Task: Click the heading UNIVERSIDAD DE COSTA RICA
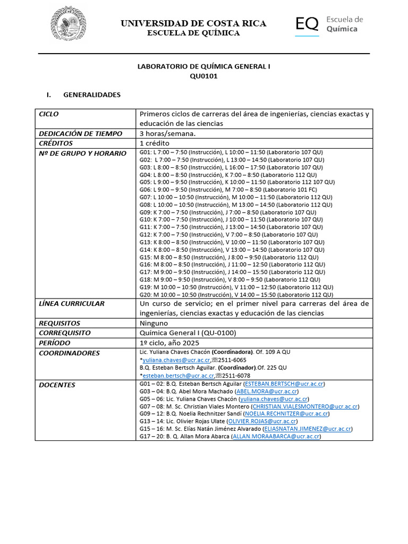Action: coord(193,23)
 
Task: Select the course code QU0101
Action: coord(204,76)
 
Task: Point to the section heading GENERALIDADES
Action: coord(92,95)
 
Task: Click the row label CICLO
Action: coord(49,114)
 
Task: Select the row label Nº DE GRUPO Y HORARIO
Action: coord(82,154)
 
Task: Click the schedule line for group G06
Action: coord(231,190)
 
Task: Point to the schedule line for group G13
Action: coord(232,242)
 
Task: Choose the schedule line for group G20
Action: coord(236,294)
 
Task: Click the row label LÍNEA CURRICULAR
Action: coord(72,304)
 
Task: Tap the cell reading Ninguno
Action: coord(154,323)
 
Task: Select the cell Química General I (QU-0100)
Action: coord(188,333)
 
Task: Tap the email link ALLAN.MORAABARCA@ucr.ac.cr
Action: coord(276,436)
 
